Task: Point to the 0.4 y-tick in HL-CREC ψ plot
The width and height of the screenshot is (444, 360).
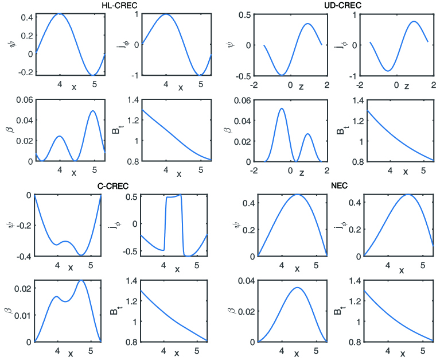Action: point(26,18)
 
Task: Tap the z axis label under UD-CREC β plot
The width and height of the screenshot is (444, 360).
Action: point(302,172)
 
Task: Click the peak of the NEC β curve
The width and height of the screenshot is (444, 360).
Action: point(297,288)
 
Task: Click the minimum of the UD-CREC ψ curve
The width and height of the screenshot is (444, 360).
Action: point(282,75)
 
